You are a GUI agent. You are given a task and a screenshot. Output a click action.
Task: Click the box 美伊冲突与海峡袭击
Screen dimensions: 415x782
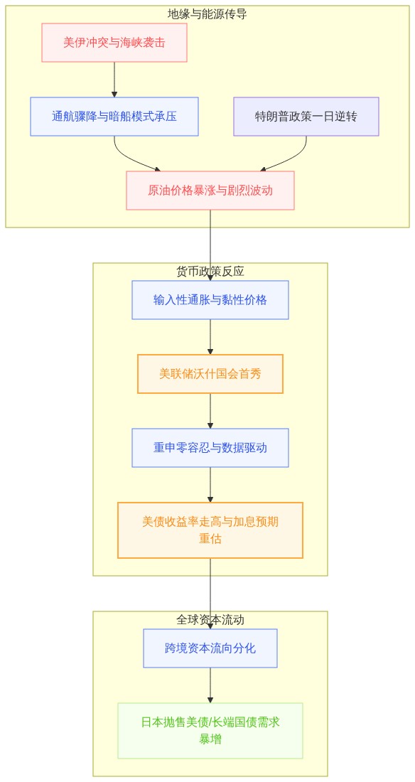coord(114,43)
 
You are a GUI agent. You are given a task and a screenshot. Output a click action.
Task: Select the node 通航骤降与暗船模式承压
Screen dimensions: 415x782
coord(114,117)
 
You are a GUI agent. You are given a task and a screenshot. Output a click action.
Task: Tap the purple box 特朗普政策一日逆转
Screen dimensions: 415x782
coord(306,117)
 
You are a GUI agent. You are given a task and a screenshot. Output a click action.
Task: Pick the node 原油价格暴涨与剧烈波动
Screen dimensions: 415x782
coord(210,191)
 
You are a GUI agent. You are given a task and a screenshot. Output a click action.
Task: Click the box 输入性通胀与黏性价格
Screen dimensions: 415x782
coord(210,300)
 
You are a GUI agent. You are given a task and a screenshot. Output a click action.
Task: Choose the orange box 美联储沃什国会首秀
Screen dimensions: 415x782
coord(210,374)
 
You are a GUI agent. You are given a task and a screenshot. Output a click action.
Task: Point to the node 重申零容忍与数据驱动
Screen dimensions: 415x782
coord(210,448)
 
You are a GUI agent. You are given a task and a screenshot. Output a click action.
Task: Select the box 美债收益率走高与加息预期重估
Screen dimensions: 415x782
coord(210,530)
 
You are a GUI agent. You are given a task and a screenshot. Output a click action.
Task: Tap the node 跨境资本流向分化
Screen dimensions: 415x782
coord(210,648)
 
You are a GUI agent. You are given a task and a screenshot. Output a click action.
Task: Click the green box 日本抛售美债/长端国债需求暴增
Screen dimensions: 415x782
coord(210,731)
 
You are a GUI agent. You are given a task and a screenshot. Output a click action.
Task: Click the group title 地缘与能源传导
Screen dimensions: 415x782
coord(207,14)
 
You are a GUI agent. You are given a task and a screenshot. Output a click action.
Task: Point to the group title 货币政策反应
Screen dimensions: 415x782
coord(210,272)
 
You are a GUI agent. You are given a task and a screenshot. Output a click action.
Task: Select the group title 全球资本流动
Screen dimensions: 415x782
coord(210,619)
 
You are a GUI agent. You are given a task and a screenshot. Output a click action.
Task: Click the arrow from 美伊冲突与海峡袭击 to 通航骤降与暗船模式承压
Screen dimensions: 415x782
coord(114,80)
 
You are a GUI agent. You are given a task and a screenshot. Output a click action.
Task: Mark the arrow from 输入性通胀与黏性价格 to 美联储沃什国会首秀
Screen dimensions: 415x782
coord(210,337)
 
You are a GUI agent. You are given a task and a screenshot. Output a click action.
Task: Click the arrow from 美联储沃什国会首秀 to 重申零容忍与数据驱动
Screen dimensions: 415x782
coord(210,410)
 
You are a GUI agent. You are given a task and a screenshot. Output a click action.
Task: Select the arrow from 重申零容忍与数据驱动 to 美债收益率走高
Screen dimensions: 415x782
coord(210,484)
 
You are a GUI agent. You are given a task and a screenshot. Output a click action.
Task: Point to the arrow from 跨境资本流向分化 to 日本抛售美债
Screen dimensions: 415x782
coord(210,685)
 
